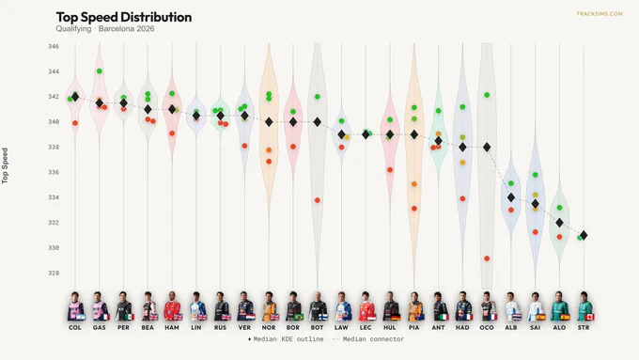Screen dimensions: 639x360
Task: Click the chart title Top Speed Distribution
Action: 124,17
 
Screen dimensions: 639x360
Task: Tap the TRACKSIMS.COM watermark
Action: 600,14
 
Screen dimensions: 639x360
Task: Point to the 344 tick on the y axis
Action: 54,71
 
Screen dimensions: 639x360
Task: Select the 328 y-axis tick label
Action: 54,274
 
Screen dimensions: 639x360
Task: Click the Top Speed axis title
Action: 5,166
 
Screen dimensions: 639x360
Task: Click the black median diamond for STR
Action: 584,235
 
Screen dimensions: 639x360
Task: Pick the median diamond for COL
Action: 75,97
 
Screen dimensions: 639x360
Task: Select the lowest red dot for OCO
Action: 487,258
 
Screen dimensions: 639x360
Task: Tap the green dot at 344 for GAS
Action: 99,71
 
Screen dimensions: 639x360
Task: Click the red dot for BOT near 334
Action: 317,200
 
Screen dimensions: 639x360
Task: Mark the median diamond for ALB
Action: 511,197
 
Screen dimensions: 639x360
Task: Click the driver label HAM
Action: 172,327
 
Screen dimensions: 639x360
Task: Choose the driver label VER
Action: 244,327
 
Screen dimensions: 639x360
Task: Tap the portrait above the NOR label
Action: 269,306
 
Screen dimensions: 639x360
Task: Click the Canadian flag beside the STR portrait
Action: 590,317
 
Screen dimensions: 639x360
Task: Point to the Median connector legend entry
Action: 368,339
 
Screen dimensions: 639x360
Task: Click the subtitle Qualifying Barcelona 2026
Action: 105,29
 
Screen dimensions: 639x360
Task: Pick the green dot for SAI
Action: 535,175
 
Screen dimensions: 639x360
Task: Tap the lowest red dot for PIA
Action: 414,209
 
